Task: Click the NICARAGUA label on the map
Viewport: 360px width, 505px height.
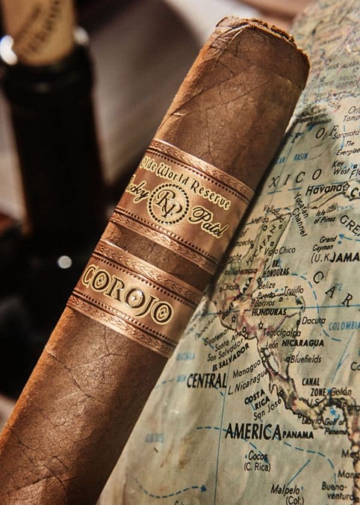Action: pyautogui.click(x=300, y=343)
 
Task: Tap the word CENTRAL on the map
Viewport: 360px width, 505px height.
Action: pyautogui.click(x=207, y=380)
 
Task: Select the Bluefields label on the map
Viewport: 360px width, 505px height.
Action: pyautogui.click(x=305, y=359)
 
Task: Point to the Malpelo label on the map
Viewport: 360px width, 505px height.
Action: pyautogui.click(x=286, y=490)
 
